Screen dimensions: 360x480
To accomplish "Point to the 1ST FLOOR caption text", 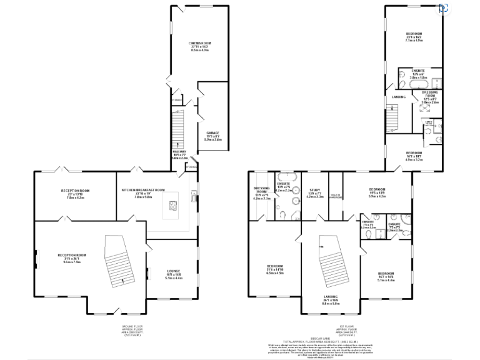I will tap(342, 329).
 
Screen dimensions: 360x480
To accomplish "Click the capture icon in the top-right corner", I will tap(444, 8).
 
